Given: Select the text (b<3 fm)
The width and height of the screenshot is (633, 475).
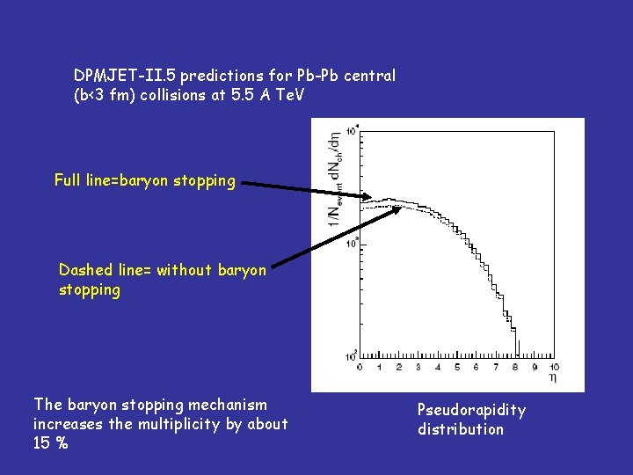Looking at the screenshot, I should point(107,95).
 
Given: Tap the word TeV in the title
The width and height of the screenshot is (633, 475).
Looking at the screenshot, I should point(287,95).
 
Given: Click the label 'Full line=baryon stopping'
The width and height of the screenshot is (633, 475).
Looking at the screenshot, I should point(145,180).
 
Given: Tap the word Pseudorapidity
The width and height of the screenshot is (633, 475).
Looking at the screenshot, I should point(471,410).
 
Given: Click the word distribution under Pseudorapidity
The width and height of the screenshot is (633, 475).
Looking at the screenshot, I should point(461,429).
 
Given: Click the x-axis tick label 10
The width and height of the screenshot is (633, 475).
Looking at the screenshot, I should point(554,367).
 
